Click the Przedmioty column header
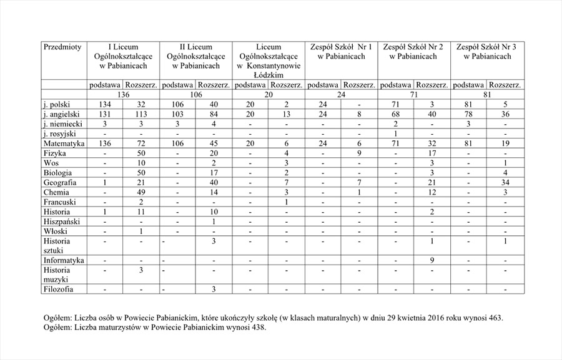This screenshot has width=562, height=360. pyautogui.click(x=62, y=47)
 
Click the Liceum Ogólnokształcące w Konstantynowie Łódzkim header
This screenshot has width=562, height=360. pyautogui.click(x=269, y=61)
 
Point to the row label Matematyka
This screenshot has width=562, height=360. pyautogui.click(x=62, y=144)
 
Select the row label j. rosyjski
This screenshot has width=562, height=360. pyautogui.click(x=58, y=134)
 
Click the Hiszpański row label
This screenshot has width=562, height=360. pyautogui.click(x=61, y=221)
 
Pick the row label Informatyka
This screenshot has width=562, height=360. pyautogui.click(x=64, y=260)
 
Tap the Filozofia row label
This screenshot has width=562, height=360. pyautogui.click(x=58, y=289)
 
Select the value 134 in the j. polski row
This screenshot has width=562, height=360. pyautogui.click(x=105, y=105)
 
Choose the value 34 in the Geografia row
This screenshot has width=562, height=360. pyautogui.click(x=505, y=183)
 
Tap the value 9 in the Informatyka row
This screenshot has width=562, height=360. pyautogui.click(x=432, y=260)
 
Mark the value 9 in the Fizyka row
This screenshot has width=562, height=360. pyautogui.click(x=359, y=153)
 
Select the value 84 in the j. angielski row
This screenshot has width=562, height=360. pyautogui.click(x=213, y=115)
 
